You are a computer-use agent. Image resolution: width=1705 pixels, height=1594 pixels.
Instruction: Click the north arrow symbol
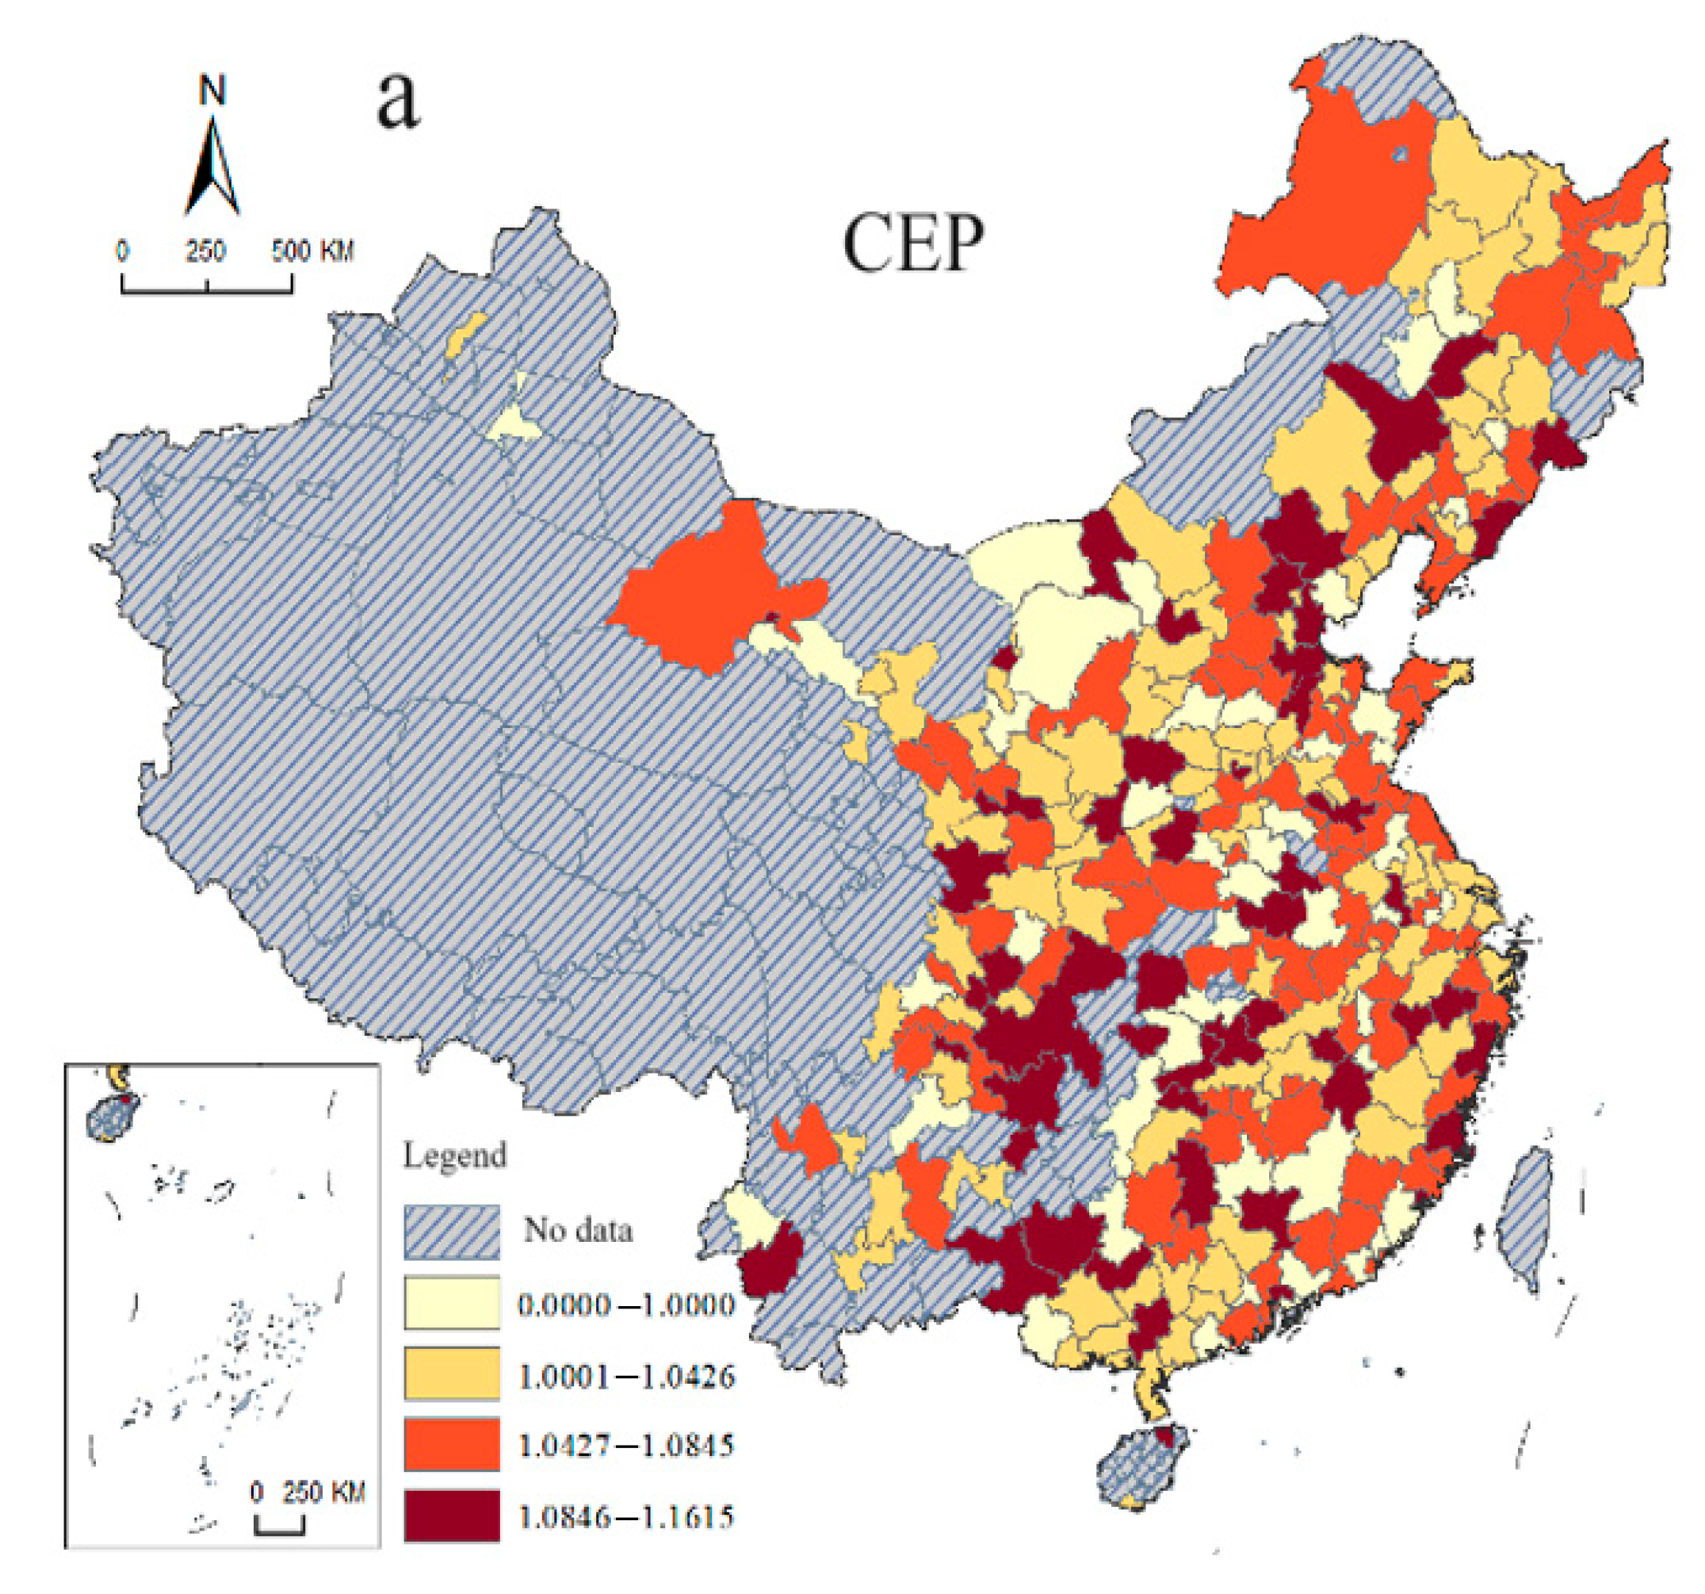(x=211, y=167)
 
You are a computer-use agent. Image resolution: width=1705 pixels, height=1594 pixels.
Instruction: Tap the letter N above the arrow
(x=212, y=90)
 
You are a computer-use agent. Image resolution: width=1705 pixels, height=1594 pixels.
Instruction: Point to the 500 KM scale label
(x=312, y=251)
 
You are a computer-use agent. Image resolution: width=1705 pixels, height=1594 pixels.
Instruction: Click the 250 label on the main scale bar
(x=206, y=251)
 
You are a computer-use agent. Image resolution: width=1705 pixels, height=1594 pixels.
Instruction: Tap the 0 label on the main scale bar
(x=123, y=251)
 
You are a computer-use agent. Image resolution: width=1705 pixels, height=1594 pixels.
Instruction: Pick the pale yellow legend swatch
(x=452, y=1304)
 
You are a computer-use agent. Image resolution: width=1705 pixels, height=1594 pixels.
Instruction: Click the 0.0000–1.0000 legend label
(x=626, y=1305)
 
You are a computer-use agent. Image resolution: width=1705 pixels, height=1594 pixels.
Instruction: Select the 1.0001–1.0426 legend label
(x=626, y=1377)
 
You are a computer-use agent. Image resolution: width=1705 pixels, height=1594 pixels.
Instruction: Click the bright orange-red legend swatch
(x=452, y=1446)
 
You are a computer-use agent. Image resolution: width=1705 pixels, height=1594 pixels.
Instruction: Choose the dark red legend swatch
(x=452, y=1517)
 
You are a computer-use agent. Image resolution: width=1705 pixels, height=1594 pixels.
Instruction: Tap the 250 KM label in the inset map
(x=323, y=1492)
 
